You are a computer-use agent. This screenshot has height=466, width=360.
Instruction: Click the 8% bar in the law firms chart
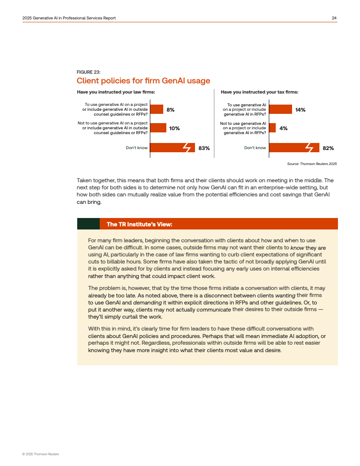[x=157, y=109]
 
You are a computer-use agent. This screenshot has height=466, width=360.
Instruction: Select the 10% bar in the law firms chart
[x=158, y=128]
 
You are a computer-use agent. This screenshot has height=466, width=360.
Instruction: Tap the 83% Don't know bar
[x=172, y=147]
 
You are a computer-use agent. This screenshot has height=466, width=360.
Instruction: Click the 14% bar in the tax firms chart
[x=281, y=109]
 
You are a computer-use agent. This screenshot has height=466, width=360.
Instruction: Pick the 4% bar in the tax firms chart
[x=272, y=128]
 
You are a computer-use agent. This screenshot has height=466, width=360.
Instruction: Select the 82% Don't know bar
[x=294, y=147]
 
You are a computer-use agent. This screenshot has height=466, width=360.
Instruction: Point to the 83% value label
[x=204, y=148]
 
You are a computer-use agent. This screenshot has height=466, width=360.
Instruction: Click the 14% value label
[x=300, y=110]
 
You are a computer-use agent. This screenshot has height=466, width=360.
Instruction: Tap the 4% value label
[x=283, y=128]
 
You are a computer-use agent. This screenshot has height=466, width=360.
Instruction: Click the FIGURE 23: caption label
[x=89, y=72]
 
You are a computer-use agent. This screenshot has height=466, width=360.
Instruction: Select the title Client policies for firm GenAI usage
[x=143, y=81]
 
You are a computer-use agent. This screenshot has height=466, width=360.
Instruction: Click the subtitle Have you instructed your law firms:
[x=116, y=92]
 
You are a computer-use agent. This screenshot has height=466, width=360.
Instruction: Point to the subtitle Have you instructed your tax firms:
[x=259, y=92]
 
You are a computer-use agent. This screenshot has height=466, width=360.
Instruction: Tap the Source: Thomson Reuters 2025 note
[x=312, y=164]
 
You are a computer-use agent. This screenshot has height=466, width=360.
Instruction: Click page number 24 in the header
[x=334, y=18]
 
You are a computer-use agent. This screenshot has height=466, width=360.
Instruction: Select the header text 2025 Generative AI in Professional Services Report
[x=69, y=18]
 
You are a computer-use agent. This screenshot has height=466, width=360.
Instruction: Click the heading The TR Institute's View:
[x=139, y=224]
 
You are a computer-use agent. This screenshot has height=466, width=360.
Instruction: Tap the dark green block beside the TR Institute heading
[x=88, y=224]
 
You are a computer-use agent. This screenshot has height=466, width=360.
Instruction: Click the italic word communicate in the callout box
[x=214, y=310]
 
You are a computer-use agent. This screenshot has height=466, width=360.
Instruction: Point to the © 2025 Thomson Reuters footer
[x=41, y=454]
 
